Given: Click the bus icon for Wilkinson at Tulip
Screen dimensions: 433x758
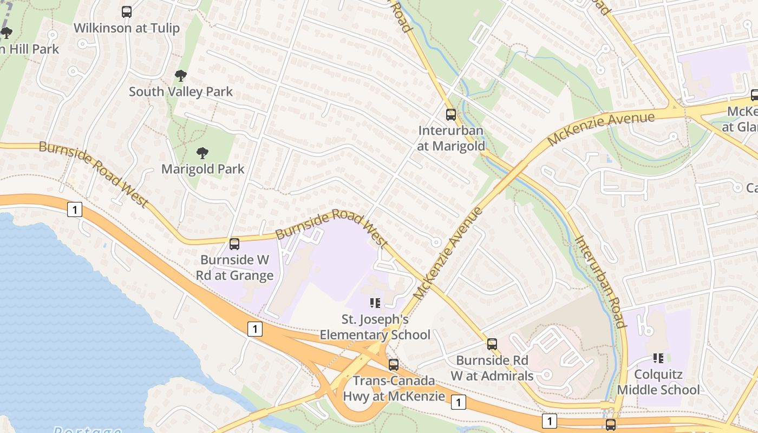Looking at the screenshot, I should tap(126, 12).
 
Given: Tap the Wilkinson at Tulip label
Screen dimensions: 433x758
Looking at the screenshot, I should tap(126, 28).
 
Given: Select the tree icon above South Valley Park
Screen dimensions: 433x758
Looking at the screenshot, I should tap(181, 76).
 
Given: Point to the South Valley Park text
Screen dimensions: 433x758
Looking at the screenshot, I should tap(181, 91).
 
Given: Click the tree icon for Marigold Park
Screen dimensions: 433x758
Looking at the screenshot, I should tap(202, 153).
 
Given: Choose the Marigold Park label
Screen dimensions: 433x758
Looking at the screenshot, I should tap(202, 169).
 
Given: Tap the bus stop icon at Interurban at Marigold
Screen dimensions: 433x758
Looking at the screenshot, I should tap(450, 115).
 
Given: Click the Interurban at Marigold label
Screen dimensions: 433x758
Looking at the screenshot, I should tap(450, 139).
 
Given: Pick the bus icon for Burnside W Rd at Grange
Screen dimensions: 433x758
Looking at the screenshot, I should tap(234, 244).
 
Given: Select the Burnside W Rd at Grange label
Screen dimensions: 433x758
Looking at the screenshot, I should tap(234, 267).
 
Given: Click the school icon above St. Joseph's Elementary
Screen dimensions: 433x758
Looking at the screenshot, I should tap(375, 303).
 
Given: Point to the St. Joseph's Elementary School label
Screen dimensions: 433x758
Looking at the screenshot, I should tap(375, 327).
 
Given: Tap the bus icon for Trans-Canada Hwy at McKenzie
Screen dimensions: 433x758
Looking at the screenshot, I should tap(394, 365).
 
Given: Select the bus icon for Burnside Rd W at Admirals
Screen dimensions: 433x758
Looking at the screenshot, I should tap(492, 344).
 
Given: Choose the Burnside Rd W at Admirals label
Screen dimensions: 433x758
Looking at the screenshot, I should tap(492, 368).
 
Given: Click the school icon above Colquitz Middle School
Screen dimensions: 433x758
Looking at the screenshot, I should tap(658, 358).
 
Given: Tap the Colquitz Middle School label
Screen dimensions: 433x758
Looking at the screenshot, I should tap(658, 382).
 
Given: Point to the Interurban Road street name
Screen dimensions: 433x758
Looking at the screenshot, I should tap(600, 281).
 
